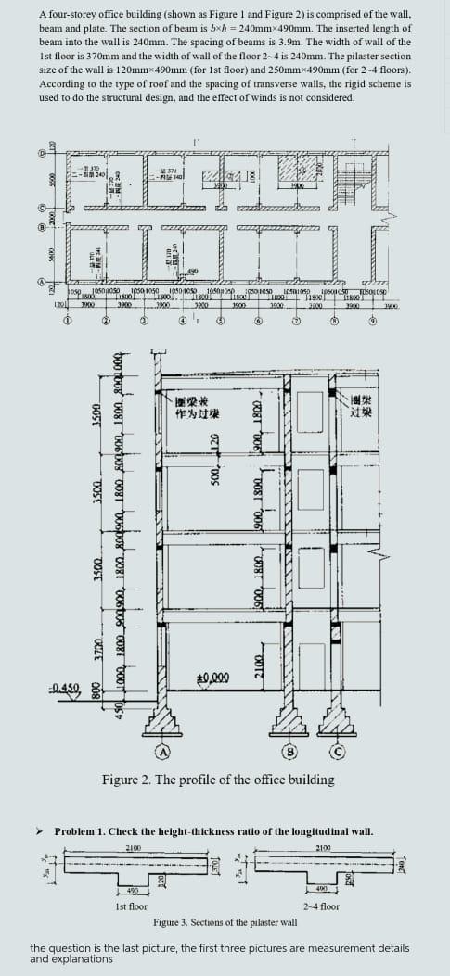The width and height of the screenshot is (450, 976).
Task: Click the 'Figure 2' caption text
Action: tap(218, 780)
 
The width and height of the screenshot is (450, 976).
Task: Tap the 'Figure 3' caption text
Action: tap(225, 923)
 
